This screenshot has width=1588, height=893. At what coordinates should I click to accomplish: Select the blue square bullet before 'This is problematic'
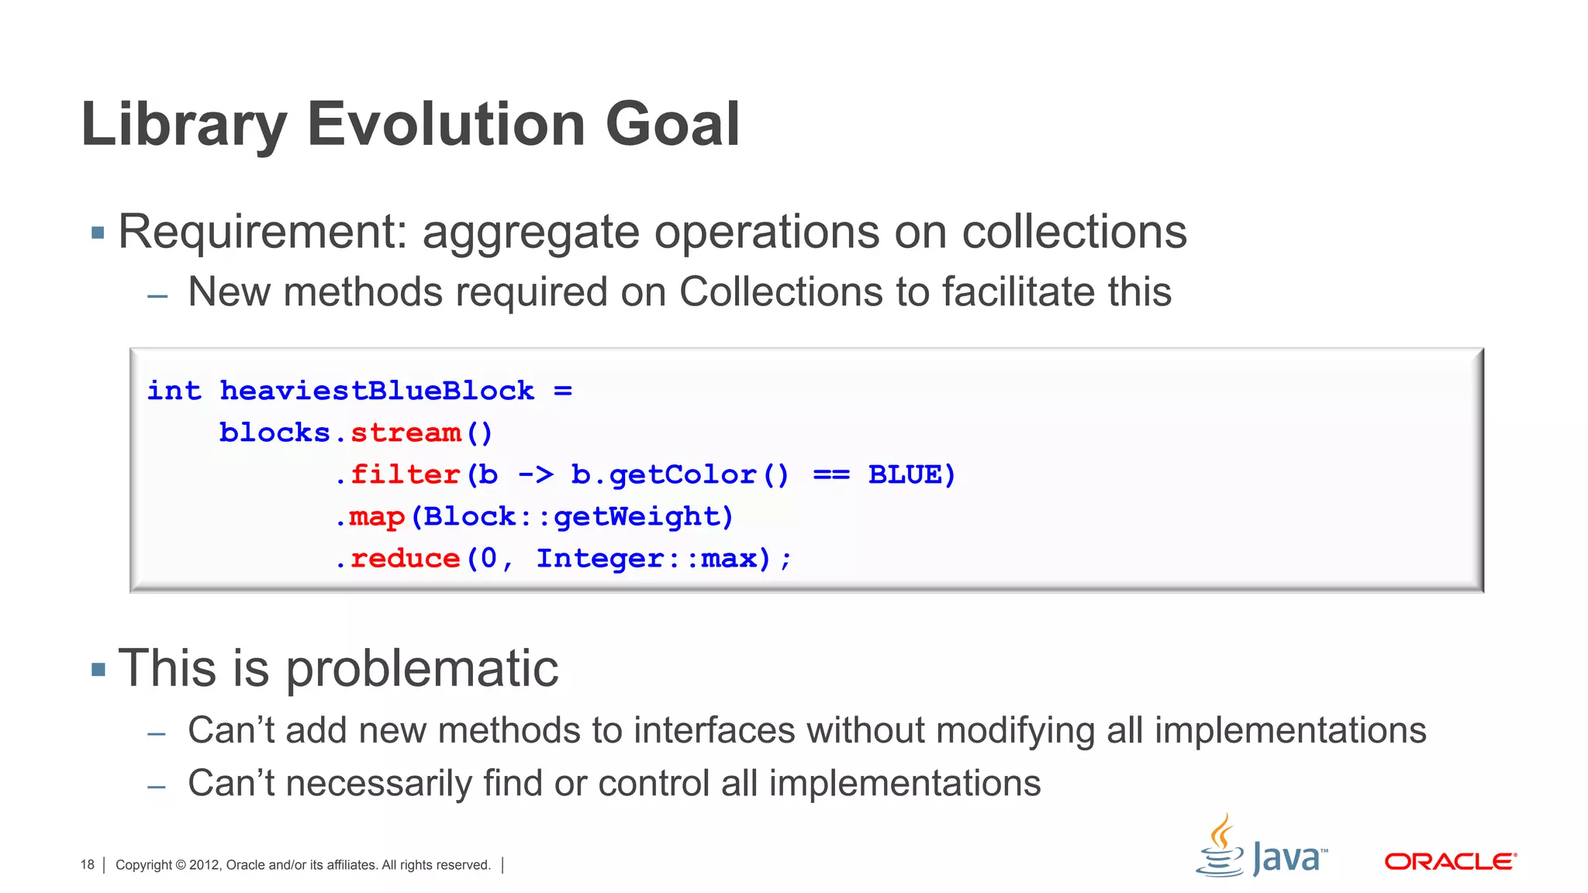(x=98, y=669)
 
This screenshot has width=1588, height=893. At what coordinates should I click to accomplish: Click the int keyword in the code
(x=174, y=391)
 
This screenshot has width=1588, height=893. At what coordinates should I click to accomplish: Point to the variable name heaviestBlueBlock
(x=377, y=391)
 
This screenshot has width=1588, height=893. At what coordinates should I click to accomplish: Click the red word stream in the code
(x=406, y=433)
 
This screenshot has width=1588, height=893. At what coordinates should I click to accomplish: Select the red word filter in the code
(x=406, y=474)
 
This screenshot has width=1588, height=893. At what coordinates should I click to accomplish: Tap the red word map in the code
(x=377, y=516)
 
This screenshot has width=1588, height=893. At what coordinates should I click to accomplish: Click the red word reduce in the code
(x=406, y=558)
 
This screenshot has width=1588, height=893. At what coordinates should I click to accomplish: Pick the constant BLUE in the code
(x=904, y=474)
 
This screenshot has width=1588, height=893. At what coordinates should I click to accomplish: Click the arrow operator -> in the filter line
(x=535, y=474)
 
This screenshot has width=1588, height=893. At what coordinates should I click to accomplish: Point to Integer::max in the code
(x=647, y=558)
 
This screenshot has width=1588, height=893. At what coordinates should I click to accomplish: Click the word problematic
(x=422, y=669)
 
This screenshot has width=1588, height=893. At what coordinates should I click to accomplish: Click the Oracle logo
(x=1450, y=862)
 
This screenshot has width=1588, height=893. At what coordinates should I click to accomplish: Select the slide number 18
(x=87, y=865)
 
